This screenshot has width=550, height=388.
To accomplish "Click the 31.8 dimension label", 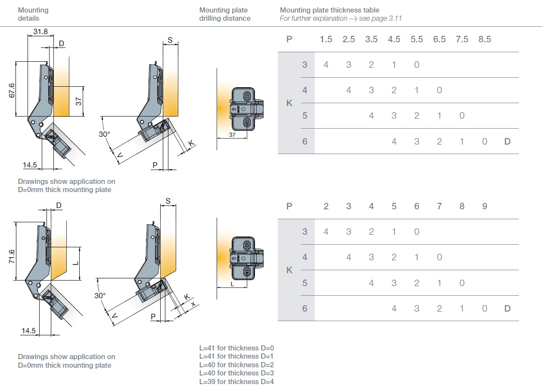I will point(40,32).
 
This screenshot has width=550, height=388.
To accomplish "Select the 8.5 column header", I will point(485,39).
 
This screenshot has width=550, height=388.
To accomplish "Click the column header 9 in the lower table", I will point(485,206).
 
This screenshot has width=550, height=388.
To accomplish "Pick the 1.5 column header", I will point(326,39).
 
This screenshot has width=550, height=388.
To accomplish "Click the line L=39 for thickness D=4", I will point(236,382).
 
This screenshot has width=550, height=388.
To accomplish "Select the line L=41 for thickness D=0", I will point(236,348).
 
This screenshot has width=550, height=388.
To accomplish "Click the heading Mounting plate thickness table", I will point(329,10).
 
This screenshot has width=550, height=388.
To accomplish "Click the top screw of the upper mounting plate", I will point(247,95).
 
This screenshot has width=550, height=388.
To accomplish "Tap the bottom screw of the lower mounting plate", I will point(247,271).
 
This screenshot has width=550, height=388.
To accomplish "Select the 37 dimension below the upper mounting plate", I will point(232,135).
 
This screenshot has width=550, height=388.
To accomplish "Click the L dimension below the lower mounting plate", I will point(232,284).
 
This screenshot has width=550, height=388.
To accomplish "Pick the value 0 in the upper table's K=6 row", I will point(485,141).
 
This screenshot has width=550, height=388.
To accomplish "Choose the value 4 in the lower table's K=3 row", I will point(326,232).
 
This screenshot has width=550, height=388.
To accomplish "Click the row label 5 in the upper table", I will point(305,116).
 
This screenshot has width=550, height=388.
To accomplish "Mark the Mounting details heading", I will point(33,14).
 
